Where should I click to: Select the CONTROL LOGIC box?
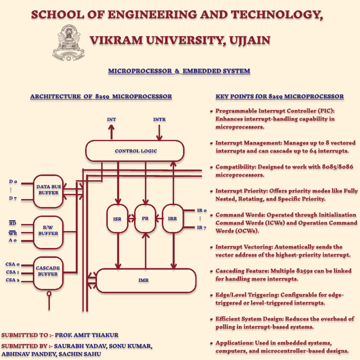click(135, 151)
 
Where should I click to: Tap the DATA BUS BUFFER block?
click(48, 190)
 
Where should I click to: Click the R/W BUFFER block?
click(48, 230)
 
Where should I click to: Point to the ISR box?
click(117, 218)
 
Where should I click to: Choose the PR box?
click(145, 218)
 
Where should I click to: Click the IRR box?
click(172, 218)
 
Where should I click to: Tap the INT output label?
click(112, 120)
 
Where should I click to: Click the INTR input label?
click(159, 120)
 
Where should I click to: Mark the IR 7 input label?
click(202, 228)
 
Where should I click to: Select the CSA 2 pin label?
click(13, 280)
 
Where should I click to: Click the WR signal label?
click(13, 232)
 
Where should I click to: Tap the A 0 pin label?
click(13, 240)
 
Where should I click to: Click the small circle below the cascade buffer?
click(49, 294)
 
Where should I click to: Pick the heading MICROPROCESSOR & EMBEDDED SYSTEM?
click(179, 71)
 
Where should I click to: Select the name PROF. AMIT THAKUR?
click(90, 335)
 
